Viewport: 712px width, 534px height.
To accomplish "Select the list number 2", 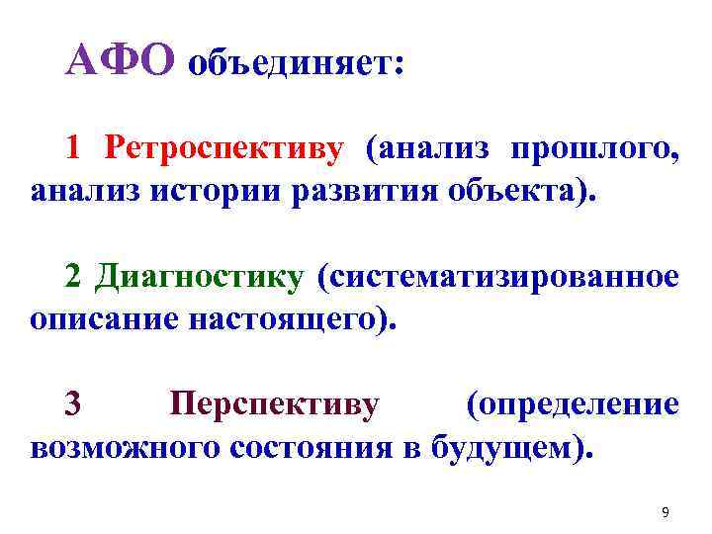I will pyautogui.click(x=74, y=278).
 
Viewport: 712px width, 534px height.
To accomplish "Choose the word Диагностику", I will pyautogui.click(x=199, y=278).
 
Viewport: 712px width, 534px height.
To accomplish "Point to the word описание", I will pyautogui.click(x=102, y=320).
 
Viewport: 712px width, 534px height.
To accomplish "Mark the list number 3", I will pyautogui.click(x=73, y=404).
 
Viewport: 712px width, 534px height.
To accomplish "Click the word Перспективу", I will pyautogui.click(x=274, y=404).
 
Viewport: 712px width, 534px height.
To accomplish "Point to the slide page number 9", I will pyautogui.click(x=665, y=512).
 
